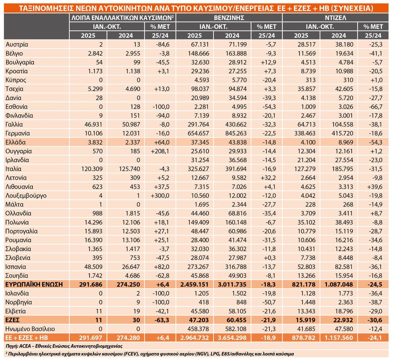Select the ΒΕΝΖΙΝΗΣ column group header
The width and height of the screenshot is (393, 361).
[x=229, y=17]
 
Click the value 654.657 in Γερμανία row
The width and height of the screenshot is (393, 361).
[x=197, y=133]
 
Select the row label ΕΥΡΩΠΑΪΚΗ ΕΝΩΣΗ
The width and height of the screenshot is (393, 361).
[x=34, y=284]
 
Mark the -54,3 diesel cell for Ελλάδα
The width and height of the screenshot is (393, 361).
[x=374, y=142]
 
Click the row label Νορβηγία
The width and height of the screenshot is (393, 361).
[x=19, y=302]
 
